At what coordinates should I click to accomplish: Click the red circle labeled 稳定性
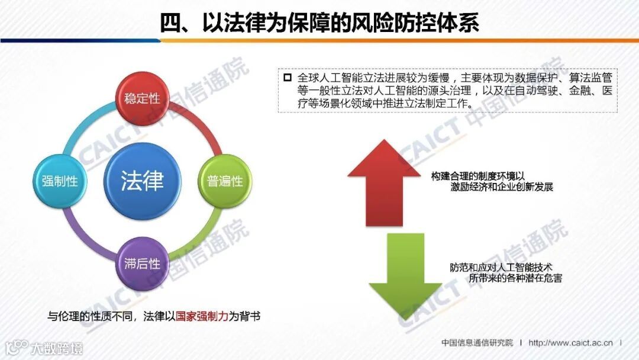pos(142,98)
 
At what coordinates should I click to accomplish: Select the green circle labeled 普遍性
pos(225,181)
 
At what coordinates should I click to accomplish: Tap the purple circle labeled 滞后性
pos(142,263)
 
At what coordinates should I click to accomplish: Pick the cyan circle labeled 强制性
pos(60,181)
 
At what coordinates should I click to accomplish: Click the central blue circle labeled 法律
pos(142,181)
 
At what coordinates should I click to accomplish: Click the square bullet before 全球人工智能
pos(288,78)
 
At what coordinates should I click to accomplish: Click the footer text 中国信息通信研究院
pos(477,343)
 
